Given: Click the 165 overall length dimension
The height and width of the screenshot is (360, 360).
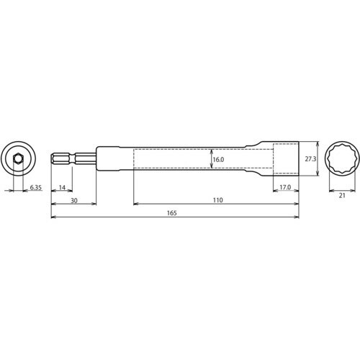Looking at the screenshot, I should click(171, 213).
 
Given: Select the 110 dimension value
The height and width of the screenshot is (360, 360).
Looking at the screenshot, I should click(216, 201).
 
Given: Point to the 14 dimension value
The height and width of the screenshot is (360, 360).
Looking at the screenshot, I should click(62, 188).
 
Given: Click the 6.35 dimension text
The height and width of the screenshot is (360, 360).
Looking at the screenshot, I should click(36, 188).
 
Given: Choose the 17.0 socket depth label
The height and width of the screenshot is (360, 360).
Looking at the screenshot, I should click(284, 188).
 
